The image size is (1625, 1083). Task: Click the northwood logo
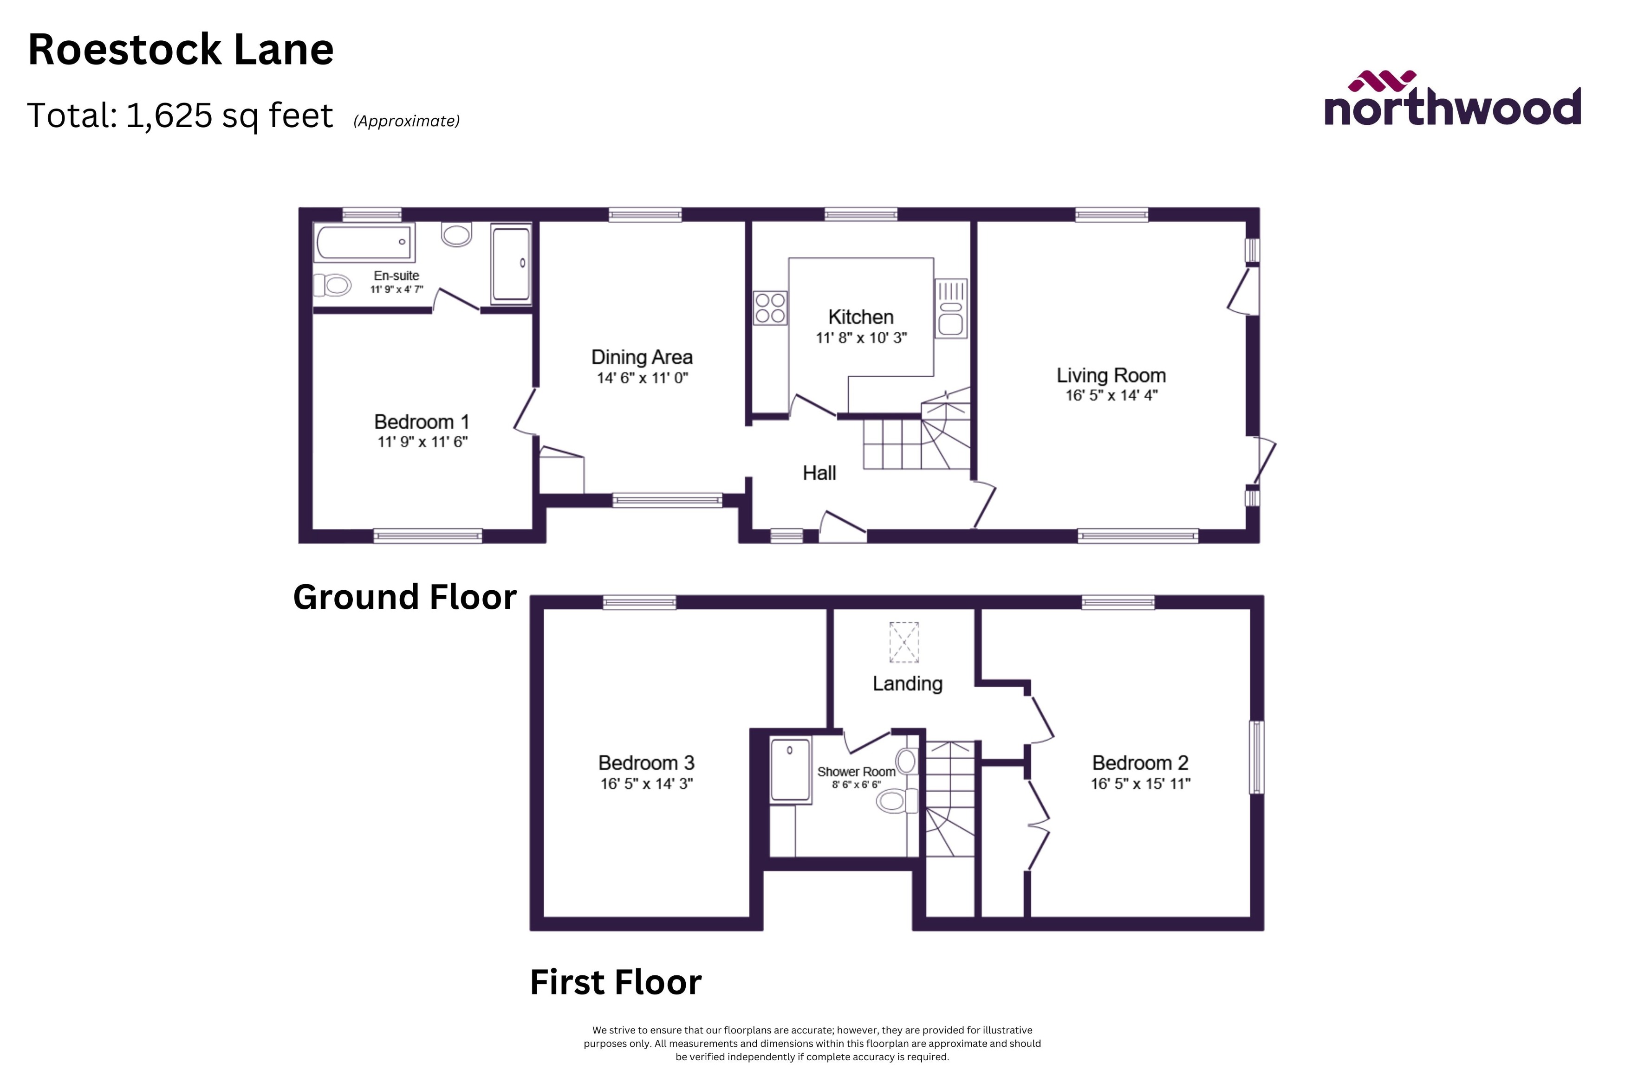pos(1451,101)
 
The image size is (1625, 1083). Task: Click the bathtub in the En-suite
pos(364,242)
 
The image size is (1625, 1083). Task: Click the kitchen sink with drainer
pos(951,309)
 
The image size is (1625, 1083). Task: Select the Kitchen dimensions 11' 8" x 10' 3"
pos(861,338)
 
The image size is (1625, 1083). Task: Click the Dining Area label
pos(642,357)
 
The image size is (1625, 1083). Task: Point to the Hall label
pos(819,473)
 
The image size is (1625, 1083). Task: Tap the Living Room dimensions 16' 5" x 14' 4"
pos(1111,395)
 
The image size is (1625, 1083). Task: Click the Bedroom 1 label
pos(422,421)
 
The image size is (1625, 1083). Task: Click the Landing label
pos(907,684)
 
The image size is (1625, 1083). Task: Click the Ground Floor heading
pos(405,597)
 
